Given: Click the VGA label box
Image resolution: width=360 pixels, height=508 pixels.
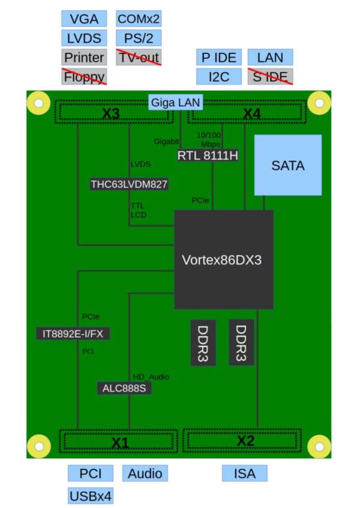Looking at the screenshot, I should click(x=84, y=19).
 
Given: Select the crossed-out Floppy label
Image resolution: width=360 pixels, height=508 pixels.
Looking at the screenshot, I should click(x=84, y=76).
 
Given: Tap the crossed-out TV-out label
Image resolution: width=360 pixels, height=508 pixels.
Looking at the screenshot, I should click(x=139, y=57).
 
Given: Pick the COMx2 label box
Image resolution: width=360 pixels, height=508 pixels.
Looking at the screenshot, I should click(x=139, y=19).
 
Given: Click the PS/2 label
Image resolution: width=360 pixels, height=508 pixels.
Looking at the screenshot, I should click(x=139, y=38).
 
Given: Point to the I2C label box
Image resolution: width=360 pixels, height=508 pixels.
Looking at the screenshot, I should click(x=218, y=76).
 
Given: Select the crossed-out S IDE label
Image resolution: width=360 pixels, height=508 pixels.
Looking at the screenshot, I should click(x=270, y=76).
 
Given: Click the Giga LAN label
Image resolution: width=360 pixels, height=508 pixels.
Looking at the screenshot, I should click(x=176, y=102).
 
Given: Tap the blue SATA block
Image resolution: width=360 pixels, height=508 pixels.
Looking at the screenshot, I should click(x=288, y=165).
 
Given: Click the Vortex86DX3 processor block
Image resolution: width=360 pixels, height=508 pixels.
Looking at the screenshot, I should click(x=223, y=261).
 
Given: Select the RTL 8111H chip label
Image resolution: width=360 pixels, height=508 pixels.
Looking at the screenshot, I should click(x=208, y=156).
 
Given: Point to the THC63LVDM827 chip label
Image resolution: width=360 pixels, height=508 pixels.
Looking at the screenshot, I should click(x=128, y=184).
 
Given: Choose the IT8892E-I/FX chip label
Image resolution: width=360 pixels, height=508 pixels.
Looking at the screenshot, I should click(x=73, y=334).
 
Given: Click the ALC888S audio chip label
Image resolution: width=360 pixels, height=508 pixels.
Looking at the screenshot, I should click(x=124, y=388).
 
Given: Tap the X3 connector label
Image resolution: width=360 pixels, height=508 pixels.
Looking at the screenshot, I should click(x=111, y=113).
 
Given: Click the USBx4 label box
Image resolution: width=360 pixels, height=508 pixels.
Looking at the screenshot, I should click(x=90, y=496).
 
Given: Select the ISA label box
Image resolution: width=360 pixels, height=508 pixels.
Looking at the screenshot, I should click(x=245, y=473).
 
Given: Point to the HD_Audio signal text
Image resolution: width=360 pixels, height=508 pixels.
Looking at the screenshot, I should click(x=151, y=376).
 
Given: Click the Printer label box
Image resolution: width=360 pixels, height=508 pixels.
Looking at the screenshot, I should click(x=84, y=57).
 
